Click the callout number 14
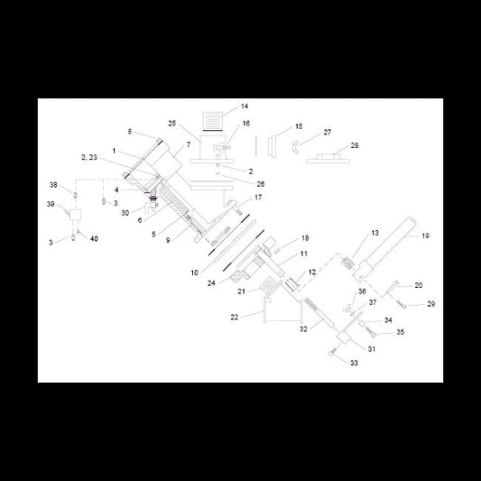tap(245, 106)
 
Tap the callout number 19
tap(425, 236)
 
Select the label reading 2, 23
tap(89, 157)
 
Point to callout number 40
tap(94, 238)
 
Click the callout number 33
tap(354, 363)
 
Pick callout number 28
tap(355, 145)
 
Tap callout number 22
tap(235, 317)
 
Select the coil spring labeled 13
tap(348, 263)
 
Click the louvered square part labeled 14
tap(212, 121)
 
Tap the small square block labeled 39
tap(75, 215)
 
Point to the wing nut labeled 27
tap(295, 147)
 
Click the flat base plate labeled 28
tap(328, 159)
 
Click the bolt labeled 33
tap(334, 350)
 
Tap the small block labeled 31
tap(344, 338)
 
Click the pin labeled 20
tap(393, 287)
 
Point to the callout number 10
tap(195, 273)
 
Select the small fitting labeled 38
tap(75, 196)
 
